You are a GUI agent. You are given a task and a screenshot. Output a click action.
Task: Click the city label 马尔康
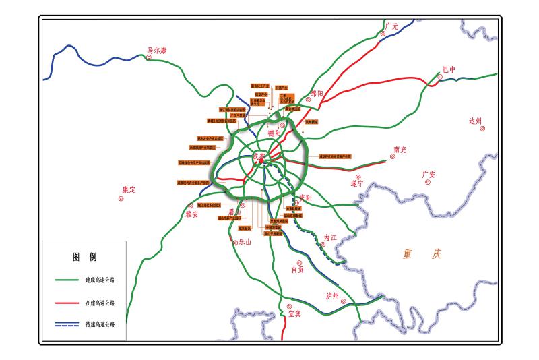[x=157, y=50]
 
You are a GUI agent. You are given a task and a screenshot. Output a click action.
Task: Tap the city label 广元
[x=392, y=26]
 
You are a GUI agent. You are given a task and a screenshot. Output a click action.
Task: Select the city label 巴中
[x=449, y=69]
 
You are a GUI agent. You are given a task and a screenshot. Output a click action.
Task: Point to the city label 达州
[x=476, y=121]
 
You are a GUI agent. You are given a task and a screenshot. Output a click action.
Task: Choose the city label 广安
[x=429, y=175]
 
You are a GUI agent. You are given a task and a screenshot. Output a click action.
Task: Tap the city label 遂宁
[x=357, y=183]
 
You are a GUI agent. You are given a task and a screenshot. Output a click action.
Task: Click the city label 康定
[x=129, y=190]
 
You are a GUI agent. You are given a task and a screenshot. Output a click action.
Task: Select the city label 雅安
[x=192, y=214]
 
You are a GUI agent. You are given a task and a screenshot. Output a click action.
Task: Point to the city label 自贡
[x=297, y=269]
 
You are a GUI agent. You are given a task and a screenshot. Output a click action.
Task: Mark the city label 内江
[x=329, y=237]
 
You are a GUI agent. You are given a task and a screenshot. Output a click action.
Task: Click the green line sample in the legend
[x=67, y=280]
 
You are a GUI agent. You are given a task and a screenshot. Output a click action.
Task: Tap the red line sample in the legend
[x=67, y=303]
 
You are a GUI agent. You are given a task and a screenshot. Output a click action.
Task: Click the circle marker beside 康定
[x=121, y=199]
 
